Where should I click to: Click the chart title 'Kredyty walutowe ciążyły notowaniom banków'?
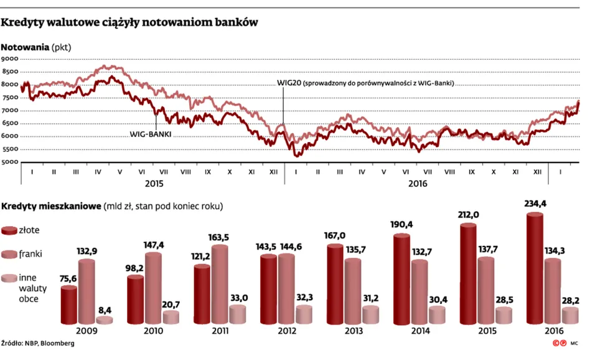[129, 22]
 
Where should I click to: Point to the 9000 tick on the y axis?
[10, 59]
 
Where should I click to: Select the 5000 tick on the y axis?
[10, 163]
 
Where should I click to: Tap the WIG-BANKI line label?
[150, 134]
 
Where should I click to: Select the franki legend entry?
[30, 254]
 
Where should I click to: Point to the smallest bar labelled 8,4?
[105, 320]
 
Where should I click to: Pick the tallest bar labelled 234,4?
[535, 268]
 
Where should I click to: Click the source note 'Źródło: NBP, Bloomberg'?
[37, 343]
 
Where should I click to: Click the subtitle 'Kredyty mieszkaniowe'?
[52, 206]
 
